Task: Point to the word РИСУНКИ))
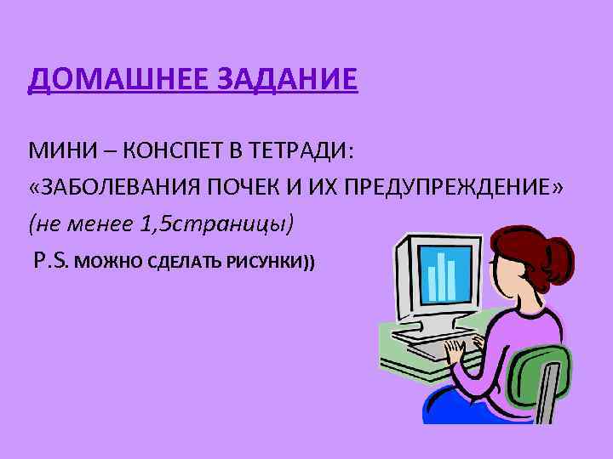270,262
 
